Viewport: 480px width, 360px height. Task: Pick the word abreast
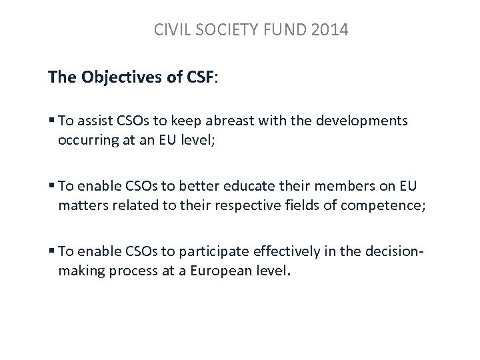click(233, 121)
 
